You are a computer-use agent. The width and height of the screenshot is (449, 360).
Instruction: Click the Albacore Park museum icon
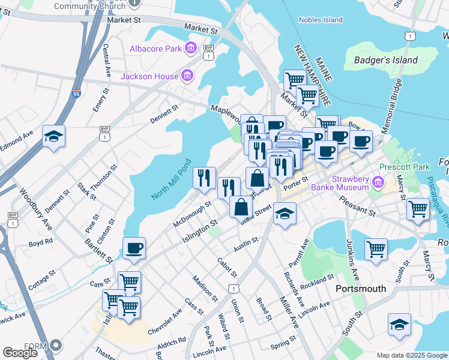coord(191,47)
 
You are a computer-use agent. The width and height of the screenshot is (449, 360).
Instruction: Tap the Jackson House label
coord(149,76)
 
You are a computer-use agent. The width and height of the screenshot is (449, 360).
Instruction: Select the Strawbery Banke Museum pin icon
coord(378,181)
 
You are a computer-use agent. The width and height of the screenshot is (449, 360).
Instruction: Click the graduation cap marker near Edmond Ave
coord(54,137)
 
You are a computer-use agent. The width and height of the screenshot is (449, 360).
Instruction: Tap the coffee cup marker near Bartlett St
coord(133,248)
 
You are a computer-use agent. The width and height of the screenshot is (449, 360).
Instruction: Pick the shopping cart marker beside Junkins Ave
coord(376,248)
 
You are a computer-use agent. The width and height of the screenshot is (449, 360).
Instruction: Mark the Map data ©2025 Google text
coord(412,355)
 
